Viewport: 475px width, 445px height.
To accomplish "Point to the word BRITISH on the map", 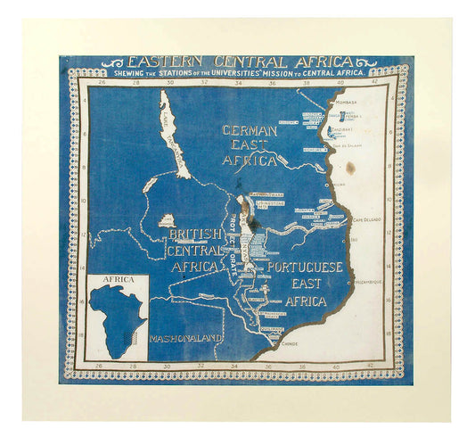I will click(193, 234).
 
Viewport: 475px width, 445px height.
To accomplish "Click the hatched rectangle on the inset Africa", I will click(135, 332).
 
